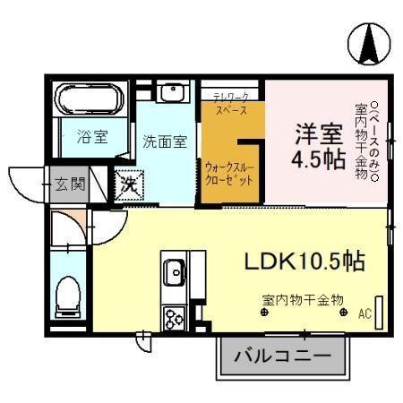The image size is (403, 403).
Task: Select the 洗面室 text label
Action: pyautogui.click(x=165, y=141)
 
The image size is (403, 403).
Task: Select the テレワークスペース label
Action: pyautogui.click(x=233, y=100)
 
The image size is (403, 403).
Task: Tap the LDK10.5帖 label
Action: pyautogui.click(x=304, y=261)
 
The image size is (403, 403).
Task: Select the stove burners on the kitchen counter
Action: pyautogui.click(x=173, y=315)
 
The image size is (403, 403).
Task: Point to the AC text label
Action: pyautogui.click(x=364, y=313)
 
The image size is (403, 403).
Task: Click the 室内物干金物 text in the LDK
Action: pyautogui.click(x=304, y=298)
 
